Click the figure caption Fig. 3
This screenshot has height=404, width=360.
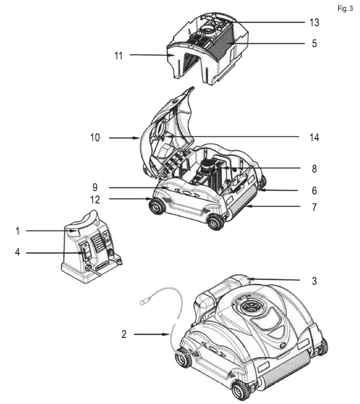345,9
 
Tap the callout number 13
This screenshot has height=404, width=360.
314,22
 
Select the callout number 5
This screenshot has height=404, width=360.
314,43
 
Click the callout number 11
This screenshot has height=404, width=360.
118,56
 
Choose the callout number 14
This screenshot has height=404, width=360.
314,138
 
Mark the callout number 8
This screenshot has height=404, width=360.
314,169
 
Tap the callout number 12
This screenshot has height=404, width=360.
95,199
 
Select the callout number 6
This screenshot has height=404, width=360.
314,191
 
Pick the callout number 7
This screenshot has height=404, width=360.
314,208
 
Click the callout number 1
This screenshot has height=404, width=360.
18,231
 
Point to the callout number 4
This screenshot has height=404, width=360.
18,252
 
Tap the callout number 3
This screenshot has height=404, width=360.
314,281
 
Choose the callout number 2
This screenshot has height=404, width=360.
124,334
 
